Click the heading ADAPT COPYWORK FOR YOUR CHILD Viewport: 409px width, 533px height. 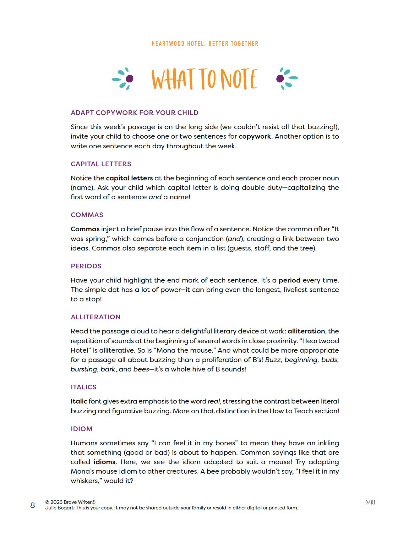134,113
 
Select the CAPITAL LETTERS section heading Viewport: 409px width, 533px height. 101,164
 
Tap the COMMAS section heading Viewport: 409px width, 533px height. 87,215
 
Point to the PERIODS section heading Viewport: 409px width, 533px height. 86,266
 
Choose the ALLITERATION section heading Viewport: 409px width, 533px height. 95,317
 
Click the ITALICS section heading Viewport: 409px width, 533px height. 84,387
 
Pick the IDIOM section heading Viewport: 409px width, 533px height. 82,429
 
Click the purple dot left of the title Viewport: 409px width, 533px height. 129,79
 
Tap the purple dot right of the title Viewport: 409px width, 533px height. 280,79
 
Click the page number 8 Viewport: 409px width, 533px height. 33,505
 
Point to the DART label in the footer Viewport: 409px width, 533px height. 370,503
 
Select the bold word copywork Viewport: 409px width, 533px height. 254,136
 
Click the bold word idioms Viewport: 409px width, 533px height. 105,462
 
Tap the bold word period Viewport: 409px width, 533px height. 289,280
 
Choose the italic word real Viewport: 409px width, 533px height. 214,401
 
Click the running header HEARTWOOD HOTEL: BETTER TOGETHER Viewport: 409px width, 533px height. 205,44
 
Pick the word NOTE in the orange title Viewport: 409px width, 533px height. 239,79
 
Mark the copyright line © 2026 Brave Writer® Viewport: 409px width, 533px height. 70,502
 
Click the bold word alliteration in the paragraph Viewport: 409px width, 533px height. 306,331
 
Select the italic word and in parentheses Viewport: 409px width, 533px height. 234,239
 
